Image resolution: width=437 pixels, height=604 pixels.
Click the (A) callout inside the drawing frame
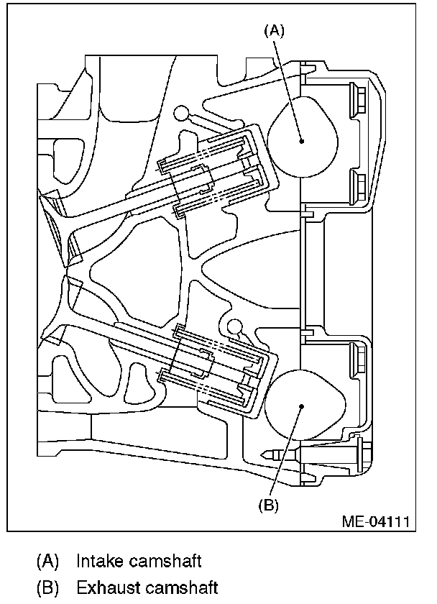coord(275,30)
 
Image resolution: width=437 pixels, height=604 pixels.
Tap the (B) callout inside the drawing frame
coord(268,505)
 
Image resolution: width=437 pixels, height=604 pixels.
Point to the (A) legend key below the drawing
coord(48,561)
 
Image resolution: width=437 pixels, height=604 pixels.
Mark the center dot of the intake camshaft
coord(303,141)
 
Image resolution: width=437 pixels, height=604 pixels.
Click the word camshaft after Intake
coord(171,561)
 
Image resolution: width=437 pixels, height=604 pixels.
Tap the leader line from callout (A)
coord(289,86)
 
